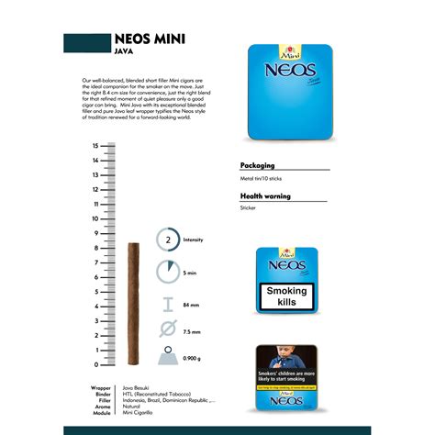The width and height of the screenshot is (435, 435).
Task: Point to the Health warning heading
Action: point(266,196)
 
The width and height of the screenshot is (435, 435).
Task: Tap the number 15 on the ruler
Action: point(95,146)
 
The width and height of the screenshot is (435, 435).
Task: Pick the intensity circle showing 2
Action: point(167,240)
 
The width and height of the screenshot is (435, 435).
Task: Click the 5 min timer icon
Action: point(167,273)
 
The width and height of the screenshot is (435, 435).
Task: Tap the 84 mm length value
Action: point(192,304)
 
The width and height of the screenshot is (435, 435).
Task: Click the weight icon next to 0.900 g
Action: point(167,356)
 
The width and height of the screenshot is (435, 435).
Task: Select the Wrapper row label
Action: point(102,387)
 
